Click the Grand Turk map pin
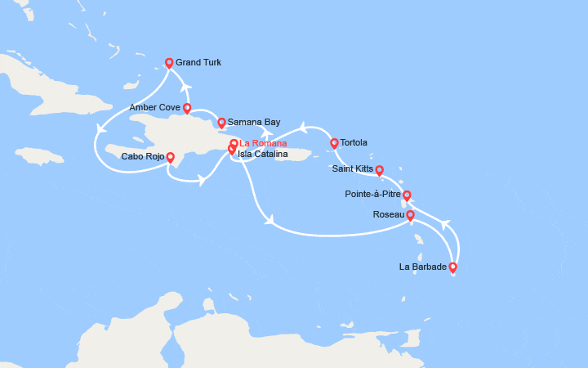(x=169, y=63)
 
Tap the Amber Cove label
(x=154, y=107)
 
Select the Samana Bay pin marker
(x=220, y=123)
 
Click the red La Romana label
(x=263, y=144)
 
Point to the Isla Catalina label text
(x=262, y=154)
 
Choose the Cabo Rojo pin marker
(x=170, y=157)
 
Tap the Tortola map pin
(x=333, y=144)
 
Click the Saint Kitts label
(x=353, y=169)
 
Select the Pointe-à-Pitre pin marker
(x=407, y=195)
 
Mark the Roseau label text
(x=388, y=214)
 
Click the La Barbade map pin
(x=452, y=267)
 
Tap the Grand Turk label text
(x=198, y=62)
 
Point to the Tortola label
(x=354, y=142)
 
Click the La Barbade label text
(x=422, y=267)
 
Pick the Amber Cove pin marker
(x=187, y=108)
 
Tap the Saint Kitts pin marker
(x=379, y=170)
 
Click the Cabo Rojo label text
(x=142, y=156)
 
